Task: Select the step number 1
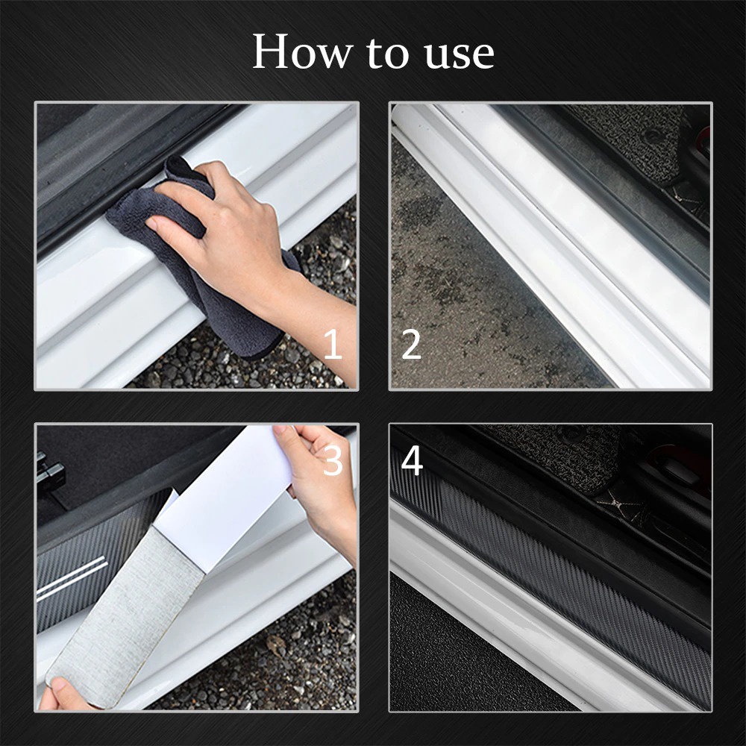coord(333,345)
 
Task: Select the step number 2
coord(412,345)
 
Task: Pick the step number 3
coord(333,463)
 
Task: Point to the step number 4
coord(412,461)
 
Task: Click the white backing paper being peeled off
coord(224,485)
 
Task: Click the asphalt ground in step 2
coord(463,298)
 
